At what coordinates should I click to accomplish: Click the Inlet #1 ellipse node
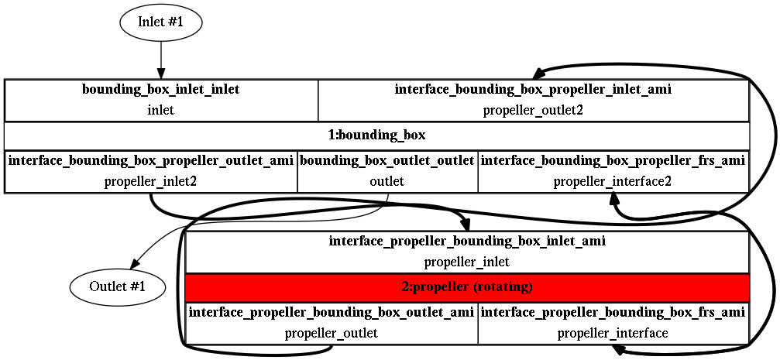161,22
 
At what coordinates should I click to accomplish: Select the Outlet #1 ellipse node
118,286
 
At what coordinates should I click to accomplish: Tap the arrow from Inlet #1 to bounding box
161,60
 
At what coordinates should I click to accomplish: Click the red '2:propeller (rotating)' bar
467,287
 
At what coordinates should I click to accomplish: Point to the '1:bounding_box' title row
376,135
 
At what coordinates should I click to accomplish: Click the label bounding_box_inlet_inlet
161,90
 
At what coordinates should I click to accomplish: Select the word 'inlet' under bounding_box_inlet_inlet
161,110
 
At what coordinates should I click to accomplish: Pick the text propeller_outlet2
533,110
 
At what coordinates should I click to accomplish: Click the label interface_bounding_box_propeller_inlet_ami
533,90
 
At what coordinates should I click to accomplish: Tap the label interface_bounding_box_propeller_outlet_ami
151,161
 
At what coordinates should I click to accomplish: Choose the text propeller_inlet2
151,182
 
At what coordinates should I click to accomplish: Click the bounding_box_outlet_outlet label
387,161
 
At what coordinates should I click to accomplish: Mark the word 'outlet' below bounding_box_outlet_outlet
387,182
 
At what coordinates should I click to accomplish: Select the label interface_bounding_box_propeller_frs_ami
613,161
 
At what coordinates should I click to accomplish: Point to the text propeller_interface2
613,182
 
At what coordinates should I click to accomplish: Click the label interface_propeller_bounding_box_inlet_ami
467,241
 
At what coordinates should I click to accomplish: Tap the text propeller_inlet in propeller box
467,262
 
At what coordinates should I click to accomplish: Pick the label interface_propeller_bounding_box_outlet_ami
332,313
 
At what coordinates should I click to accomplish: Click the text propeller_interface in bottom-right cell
613,334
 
